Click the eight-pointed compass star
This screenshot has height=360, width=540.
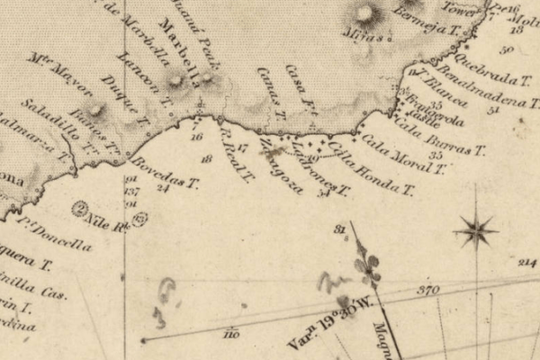point(476,231)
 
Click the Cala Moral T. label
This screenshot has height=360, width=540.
point(392,149)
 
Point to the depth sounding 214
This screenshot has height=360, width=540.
point(526,262)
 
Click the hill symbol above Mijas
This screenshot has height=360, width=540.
point(365,13)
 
